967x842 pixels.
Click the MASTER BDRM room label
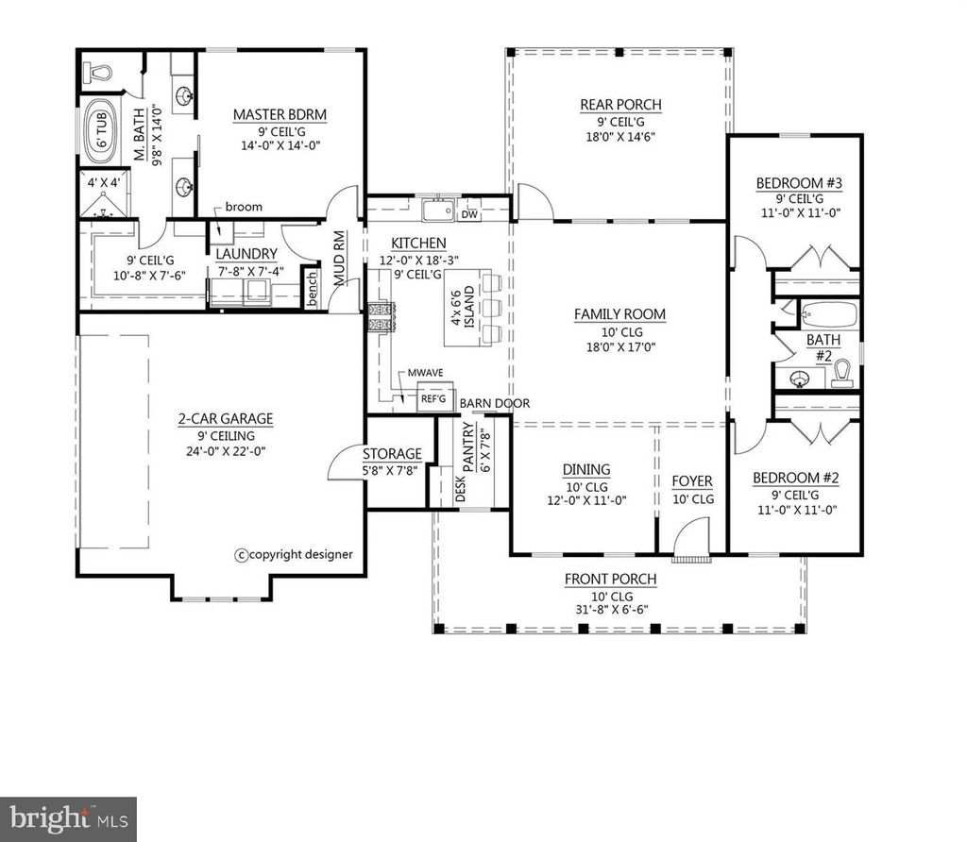click(280, 115)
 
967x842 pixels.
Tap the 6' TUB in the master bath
click(97, 133)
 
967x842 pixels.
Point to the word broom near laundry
click(244, 207)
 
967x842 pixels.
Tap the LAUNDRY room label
click(246, 254)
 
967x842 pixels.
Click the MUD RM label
click(340, 259)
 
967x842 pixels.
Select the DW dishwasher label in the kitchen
click(468, 214)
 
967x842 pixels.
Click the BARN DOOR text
click(495, 403)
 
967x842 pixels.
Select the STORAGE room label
click(391, 454)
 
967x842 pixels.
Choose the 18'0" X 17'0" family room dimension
click(619, 347)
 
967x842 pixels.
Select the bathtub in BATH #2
click(827, 314)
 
